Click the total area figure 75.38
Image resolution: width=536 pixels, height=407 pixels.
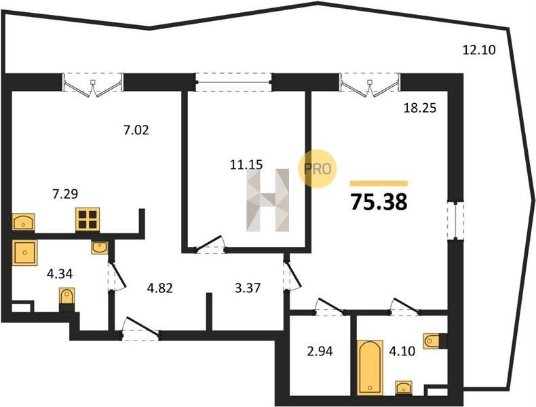click(x=379, y=202)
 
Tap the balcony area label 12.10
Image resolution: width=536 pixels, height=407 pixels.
click(x=479, y=50)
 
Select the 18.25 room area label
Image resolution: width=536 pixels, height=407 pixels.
click(x=420, y=109)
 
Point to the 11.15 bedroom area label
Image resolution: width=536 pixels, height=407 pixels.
click(x=246, y=165)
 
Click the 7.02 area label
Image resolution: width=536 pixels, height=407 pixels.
click(x=136, y=130)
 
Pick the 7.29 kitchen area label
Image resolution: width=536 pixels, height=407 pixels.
click(x=65, y=194)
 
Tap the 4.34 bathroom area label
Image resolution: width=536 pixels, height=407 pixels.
click(x=60, y=274)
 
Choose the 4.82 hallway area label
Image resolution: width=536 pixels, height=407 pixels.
click(x=159, y=288)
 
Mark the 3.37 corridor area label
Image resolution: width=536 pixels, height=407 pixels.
click(x=248, y=288)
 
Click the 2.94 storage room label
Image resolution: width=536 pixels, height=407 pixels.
click(x=320, y=351)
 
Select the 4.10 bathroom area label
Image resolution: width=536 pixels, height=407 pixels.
click(x=402, y=351)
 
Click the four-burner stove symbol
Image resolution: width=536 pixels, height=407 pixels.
click(x=88, y=219)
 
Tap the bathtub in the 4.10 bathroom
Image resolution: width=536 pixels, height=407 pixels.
click(x=370, y=368)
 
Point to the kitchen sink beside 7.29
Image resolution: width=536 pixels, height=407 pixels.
click(x=23, y=222)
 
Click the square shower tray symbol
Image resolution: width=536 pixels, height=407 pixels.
click(x=24, y=252)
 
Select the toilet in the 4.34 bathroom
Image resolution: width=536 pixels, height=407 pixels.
click(x=66, y=297)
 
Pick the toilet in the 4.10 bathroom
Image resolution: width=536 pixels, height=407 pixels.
click(x=432, y=341)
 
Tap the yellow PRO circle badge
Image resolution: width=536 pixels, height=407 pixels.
click(x=317, y=169)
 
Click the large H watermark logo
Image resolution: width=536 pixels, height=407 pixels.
click(x=268, y=200)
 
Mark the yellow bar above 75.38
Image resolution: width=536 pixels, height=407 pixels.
click(x=379, y=184)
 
